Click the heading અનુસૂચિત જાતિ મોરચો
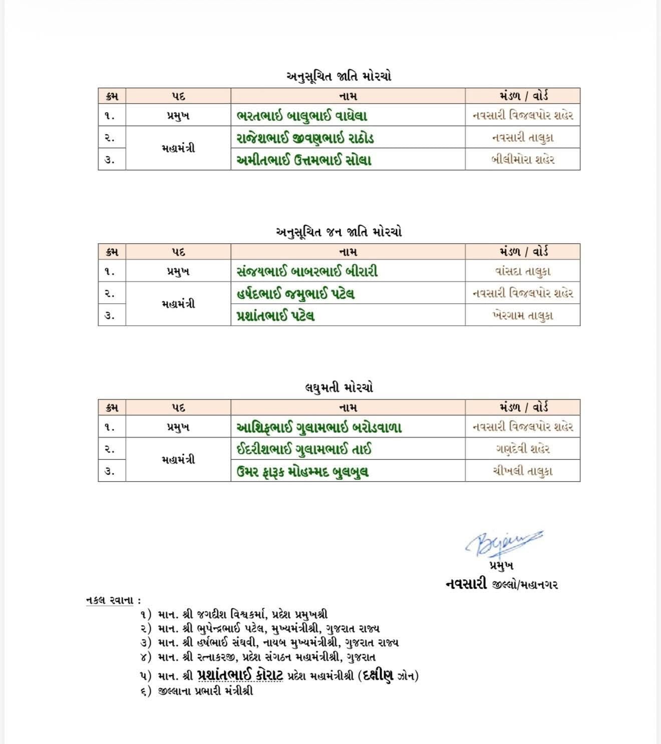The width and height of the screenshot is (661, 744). click(x=339, y=77)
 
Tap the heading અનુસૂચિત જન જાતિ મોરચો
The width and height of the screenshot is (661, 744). click(x=339, y=232)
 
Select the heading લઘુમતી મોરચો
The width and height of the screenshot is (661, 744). click(x=339, y=388)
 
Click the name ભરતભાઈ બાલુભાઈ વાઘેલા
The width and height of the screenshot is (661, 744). click(x=302, y=116)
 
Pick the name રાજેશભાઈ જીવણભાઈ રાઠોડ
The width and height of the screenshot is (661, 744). click(x=305, y=138)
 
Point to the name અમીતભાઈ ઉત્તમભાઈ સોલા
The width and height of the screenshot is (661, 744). click(x=303, y=160)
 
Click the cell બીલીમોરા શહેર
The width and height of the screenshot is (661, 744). click(x=523, y=160)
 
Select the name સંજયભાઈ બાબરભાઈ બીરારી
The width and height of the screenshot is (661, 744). click(x=307, y=271)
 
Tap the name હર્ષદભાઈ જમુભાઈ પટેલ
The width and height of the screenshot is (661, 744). click(x=295, y=293)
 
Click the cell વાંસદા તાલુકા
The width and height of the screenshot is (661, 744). click(x=523, y=271)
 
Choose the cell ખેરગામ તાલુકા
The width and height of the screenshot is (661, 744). click(x=523, y=316)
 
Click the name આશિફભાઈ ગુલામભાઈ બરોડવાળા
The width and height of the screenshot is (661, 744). click(x=319, y=427)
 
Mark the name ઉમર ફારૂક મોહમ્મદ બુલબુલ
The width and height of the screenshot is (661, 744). click(x=302, y=472)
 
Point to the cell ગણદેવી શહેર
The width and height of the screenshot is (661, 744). click(x=523, y=449)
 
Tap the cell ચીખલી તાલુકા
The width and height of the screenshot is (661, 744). click(x=523, y=472)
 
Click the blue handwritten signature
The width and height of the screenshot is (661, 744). click(x=503, y=542)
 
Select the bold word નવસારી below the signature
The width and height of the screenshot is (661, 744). click(x=466, y=584)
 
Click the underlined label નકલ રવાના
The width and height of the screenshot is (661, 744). click(x=112, y=600)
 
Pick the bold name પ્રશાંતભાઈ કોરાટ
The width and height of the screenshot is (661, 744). click(x=240, y=675)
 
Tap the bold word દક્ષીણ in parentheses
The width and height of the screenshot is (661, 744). click(x=379, y=675)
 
